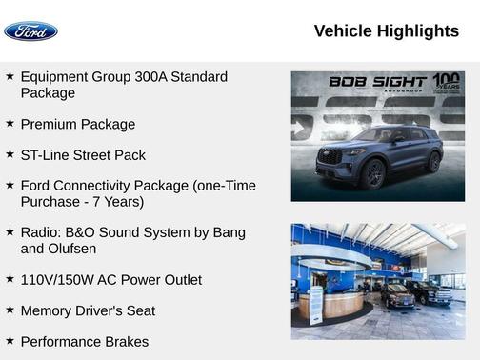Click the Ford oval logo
(30, 31)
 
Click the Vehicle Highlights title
(386, 31)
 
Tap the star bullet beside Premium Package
(10, 123)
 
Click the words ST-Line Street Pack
(83, 154)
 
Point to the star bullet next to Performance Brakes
(10, 340)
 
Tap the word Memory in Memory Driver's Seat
(47, 310)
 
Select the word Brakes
(126, 341)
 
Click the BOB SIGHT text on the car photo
(379, 82)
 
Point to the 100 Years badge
(446, 82)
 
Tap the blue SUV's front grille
(330, 155)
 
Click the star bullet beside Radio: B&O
(10, 231)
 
